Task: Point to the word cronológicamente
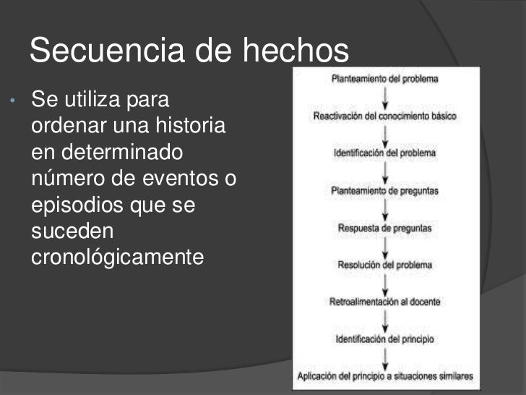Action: point(118,257)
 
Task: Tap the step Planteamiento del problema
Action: point(384,78)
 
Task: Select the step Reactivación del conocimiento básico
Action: point(384,116)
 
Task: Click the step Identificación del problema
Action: point(384,153)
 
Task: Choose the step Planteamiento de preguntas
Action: point(384,191)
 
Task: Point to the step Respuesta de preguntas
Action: point(384,228)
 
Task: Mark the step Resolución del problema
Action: point(384,265)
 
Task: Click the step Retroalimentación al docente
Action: point(384,302)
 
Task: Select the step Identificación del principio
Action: point(384,339)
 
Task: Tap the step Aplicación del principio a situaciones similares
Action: point(384,376)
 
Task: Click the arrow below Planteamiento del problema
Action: point(384,97)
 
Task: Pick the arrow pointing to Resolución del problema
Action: point(384,247)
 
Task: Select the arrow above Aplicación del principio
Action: point(384,357)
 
